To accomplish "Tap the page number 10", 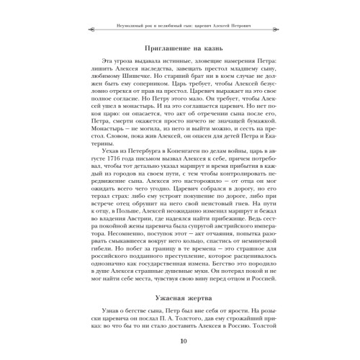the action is (180, 341).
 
